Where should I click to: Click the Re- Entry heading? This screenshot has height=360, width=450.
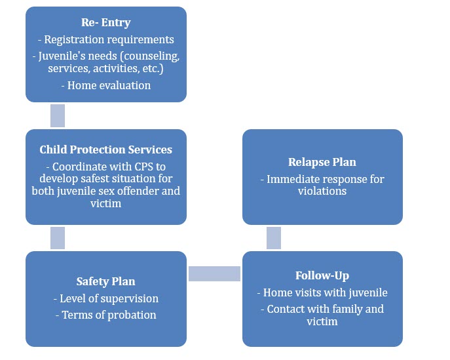click(x=106, y=23)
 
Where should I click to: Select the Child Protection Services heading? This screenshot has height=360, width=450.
click(x=106, y=150)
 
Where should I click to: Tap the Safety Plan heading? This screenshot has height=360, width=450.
click(x=106, y=281)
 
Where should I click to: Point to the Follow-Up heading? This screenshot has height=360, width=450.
click(x=322, y=276)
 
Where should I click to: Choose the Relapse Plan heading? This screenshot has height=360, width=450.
click(x=322, y=163)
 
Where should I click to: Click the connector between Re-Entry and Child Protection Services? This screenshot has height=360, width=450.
click(x=58, y=115)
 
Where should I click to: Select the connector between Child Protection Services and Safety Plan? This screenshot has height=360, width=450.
click(x=58, y=238)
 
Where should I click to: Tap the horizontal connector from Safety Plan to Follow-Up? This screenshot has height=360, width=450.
click(x=214, y=273)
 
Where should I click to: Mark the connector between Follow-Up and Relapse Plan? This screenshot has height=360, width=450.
click(x=274, y=238)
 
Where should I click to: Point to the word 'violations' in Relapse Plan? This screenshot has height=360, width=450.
click(x=322, y=191)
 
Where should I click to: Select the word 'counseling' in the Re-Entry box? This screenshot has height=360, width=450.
click(x=151, y=56)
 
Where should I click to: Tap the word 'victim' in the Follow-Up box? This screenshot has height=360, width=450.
click(x=322, y=321)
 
